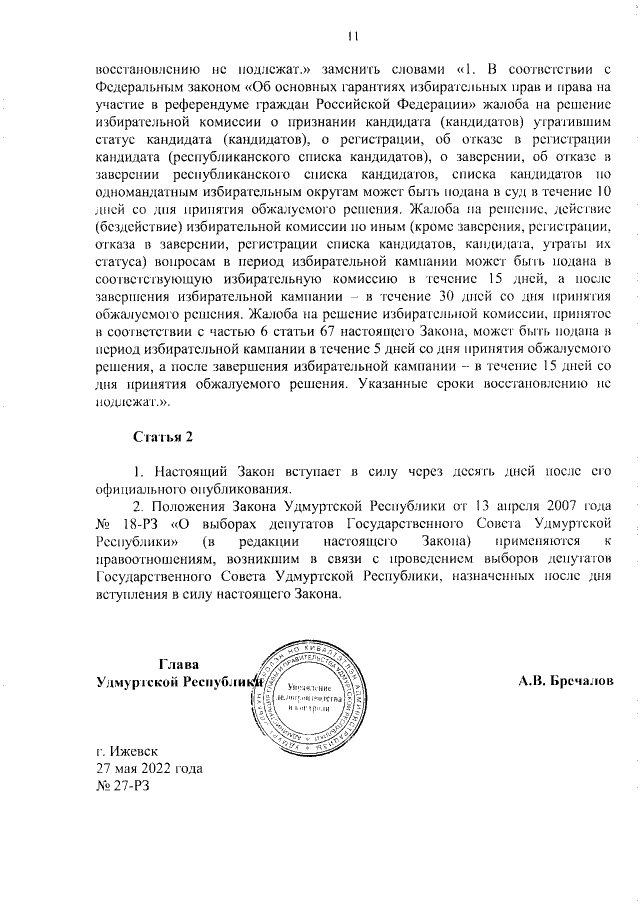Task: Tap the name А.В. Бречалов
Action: pos(565,680)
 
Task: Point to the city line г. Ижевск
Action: pos(126,750)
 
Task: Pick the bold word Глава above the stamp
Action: pos(178,664)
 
